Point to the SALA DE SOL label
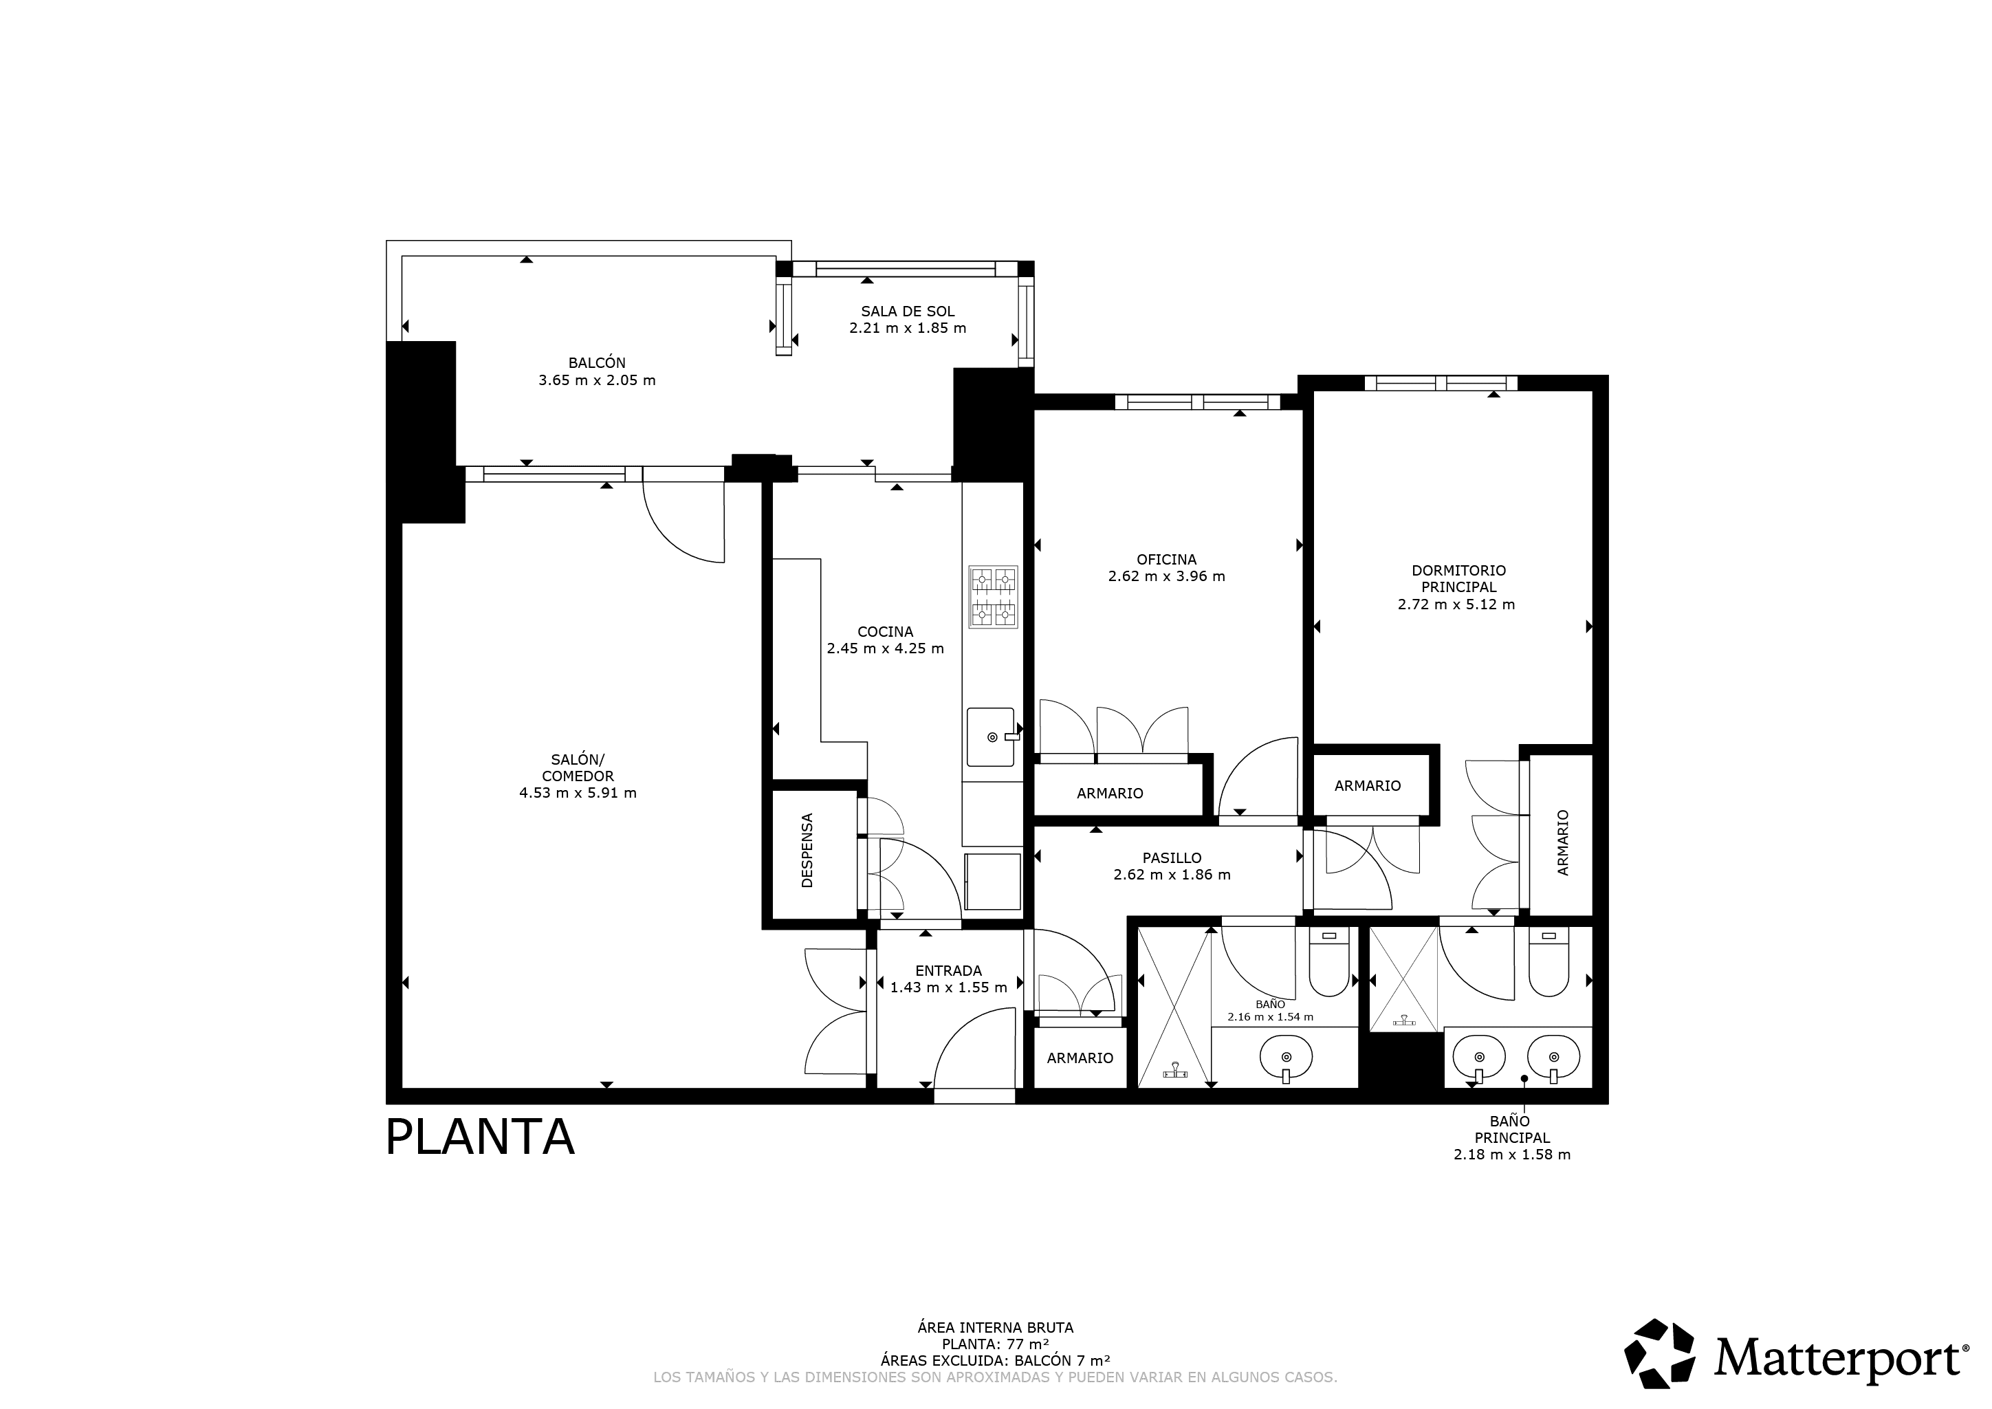tap(908, 311)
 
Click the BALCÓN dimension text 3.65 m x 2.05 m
tap(597, 380)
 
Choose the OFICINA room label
tap(1167, 560)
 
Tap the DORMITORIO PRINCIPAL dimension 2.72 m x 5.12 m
tap(1456, 604)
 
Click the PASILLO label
tap(1172, 858)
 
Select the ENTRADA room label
tap(948, 971)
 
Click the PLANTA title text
tap(480, 1137)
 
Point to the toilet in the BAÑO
tap(1328, 962)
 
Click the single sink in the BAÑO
tap(1286, 1058)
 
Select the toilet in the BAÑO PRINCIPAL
tap(1548, 962)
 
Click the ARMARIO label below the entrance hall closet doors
tap(1080, 1058)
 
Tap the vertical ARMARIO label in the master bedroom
tap(1564, 842)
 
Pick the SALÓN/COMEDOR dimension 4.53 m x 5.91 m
tap(578, 793)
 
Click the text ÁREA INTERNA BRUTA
tap(995, 1327)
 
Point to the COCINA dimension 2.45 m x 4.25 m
tap(885, 648)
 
